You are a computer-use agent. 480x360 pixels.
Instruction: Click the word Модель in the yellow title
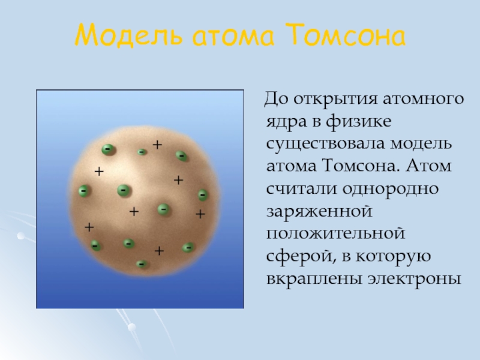coord(129,35)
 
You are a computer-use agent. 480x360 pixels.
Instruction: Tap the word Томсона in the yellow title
coord(346,34)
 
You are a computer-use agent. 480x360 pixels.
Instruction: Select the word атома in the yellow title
coord(233,37)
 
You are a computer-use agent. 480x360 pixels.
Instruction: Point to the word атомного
coord(424,99)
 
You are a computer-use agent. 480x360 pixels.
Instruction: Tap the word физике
coord(358,122)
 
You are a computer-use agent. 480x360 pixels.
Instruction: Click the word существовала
coord(325,143)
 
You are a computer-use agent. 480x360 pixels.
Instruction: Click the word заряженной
coord(319,212)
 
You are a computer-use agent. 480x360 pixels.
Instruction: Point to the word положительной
coord(336,234)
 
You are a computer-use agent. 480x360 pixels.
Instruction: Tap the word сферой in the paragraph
coord(299,256)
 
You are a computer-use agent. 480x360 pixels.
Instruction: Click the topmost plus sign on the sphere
coord(157,145)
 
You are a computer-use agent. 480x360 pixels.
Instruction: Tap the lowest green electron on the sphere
coord(141,264)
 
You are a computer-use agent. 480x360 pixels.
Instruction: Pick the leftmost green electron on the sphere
coord(83,191)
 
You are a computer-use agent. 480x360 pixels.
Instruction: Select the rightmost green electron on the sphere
coord(203,194)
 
